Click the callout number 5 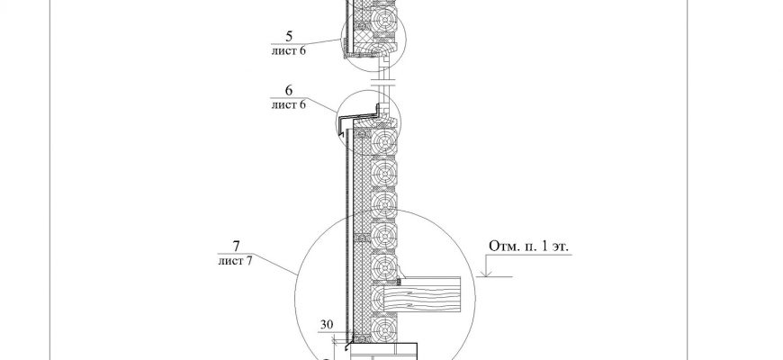coord(289,36)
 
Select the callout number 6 coord(289,90)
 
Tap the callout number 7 coord(236,247)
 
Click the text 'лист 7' coord(235,261)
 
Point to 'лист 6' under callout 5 coord(288,51)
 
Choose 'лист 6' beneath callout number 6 coord(288,105)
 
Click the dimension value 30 coord(327,325)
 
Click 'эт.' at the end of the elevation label coord(561,247)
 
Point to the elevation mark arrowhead coord(485,273)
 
